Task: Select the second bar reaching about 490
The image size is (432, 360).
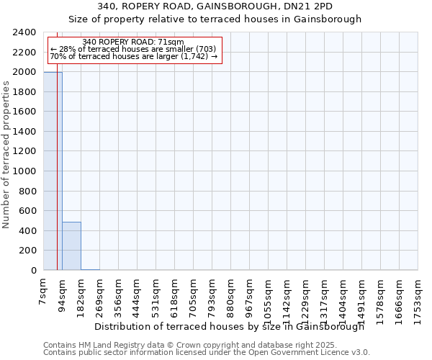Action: (71, 246)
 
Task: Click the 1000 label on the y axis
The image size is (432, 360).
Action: (26, 171)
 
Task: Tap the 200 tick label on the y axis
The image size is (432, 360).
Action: (29, 251)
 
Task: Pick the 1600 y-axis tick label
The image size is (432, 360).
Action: (26, 112)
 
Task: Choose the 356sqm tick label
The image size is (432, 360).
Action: (119, 296)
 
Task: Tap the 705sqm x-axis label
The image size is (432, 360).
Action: (194, 296)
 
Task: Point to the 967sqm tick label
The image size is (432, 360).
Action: (250, 296)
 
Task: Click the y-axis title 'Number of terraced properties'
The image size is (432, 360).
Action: (6, 155)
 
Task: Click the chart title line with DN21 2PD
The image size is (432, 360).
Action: (216, 7)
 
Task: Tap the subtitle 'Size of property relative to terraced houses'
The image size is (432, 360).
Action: (216, 19)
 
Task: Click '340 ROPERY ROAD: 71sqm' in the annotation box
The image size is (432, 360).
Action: (133, 42)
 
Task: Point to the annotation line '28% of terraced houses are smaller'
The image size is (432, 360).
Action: (133, 49)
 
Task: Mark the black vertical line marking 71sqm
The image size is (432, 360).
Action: (57, 180)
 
